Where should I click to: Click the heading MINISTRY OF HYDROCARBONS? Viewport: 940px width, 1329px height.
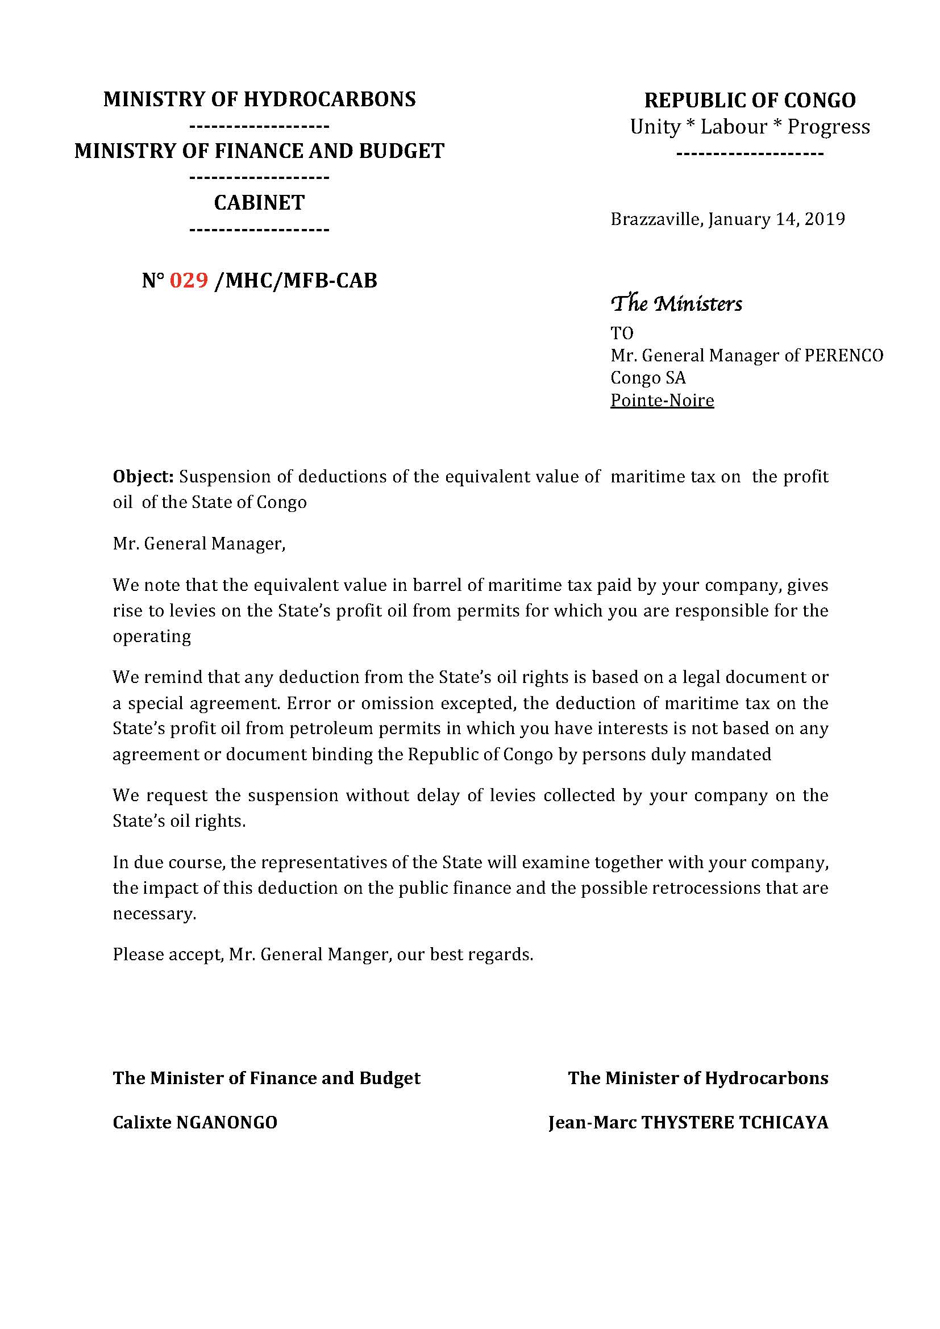click(259, 99)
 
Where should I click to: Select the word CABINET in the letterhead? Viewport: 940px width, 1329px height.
click(259, 203)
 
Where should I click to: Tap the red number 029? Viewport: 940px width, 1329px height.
click(189, 281)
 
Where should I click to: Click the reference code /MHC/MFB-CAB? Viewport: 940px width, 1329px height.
click(295, 281)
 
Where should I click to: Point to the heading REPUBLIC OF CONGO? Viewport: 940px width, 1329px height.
click(750, 101)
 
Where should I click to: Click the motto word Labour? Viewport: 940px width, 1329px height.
click(734, 127)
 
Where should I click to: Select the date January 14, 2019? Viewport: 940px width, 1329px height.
click(776, 219)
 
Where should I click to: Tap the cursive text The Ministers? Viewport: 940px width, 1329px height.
click(676, 303)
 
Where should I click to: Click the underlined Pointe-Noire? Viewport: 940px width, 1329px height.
click(662, 401)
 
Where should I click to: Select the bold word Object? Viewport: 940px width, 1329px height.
click(143, 477)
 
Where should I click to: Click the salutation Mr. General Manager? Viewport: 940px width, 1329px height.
click(199, 544)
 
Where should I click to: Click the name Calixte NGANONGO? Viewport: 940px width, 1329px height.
click(195, 1123)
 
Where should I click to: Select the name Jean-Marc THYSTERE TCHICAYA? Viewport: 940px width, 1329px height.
click(688, 1123)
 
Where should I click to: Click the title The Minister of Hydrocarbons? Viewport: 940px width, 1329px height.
click(698, 1078)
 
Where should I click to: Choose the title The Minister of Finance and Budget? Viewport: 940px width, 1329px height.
click(266, 1078)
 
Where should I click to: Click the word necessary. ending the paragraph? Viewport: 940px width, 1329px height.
click(155, 914)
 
